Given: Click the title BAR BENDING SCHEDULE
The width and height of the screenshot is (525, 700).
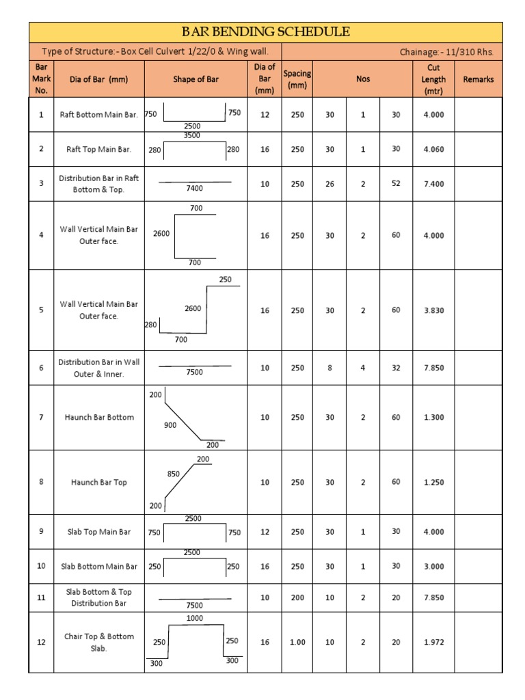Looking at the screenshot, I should point(265,31).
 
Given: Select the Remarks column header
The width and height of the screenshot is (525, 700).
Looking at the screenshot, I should point(479,79).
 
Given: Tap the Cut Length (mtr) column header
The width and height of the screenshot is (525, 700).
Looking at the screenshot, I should point(433,79).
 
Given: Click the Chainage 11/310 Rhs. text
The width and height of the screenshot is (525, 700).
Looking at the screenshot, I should point(446,51).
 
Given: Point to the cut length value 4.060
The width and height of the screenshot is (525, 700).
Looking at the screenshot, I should point(433,149).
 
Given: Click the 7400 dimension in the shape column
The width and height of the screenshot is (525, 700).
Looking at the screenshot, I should point(195,188).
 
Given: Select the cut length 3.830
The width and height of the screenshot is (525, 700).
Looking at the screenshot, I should point(433,310).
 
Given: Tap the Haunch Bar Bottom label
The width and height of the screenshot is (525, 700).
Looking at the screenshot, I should point(99,417).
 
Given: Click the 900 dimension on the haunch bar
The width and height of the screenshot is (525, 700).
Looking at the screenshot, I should point(170,425).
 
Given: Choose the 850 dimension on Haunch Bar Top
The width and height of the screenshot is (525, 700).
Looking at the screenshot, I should point(174,474).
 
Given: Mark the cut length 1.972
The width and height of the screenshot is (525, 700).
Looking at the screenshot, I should point(433,643).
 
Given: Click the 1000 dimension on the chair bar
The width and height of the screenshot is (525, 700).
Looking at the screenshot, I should point(195,618).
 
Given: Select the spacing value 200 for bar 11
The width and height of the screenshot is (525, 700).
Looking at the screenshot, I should point(297,597).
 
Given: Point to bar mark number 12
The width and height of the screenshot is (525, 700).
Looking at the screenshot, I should point(41,643).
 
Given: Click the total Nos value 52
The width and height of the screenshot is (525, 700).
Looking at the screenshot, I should point(396,184).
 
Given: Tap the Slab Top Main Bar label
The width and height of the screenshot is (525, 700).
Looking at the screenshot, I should point(99,532).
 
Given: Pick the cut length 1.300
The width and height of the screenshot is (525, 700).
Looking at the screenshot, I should point(433,417).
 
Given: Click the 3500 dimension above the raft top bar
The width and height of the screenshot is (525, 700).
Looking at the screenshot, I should point(192,136).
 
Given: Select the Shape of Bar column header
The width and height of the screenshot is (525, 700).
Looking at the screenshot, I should point(196,79).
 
